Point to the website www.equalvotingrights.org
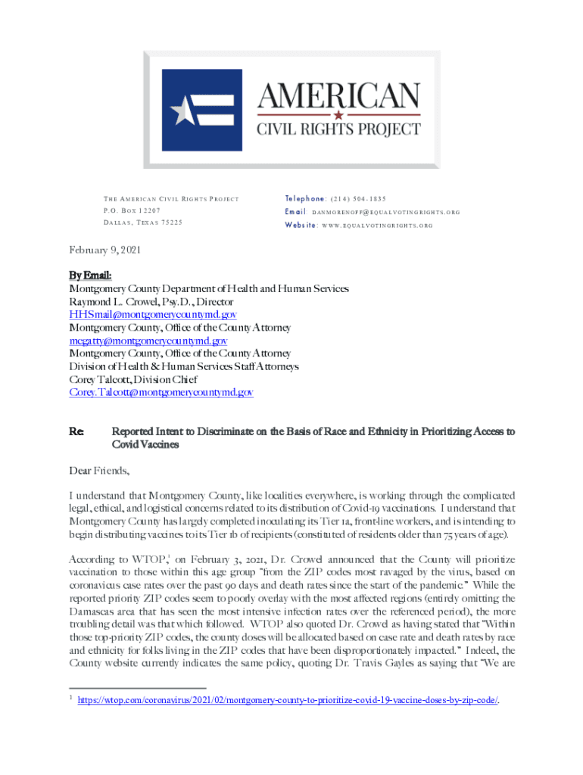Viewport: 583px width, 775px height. (373, 226)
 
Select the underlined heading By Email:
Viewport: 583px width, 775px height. (90, 276)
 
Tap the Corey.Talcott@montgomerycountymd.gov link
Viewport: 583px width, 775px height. (161, 392)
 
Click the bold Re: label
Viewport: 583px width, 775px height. (76, 431)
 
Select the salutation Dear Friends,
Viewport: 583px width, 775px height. (99, 471)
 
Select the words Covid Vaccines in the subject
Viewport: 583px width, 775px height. (145, 444)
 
